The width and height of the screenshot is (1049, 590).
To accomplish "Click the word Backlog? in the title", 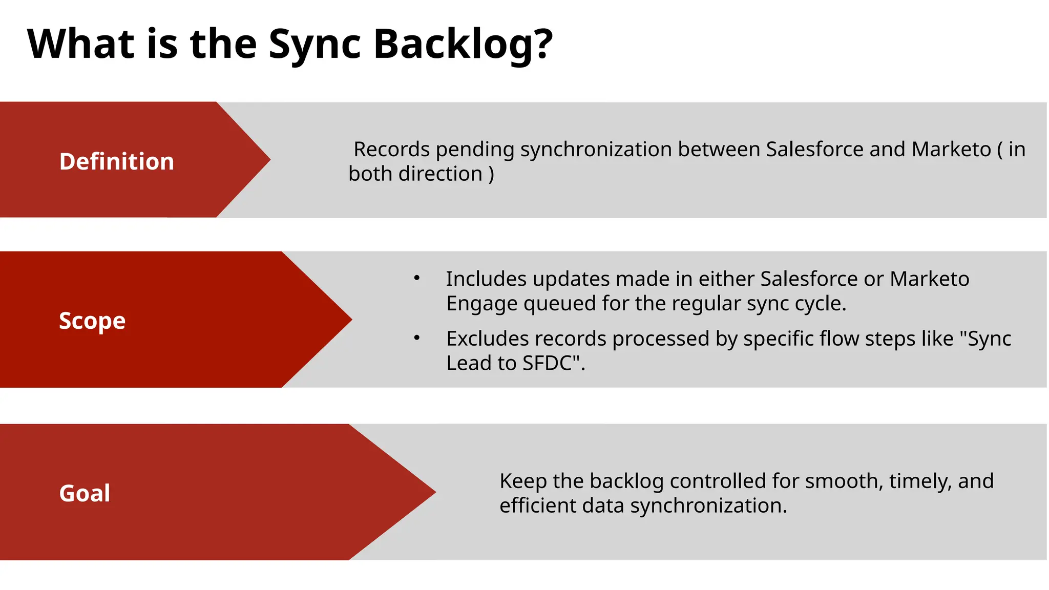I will (463, 45).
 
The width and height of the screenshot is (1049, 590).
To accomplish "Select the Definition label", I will (117, 161).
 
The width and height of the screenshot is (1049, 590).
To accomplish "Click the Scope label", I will (92, 321).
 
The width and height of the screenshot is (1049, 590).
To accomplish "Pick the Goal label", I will (85, 493).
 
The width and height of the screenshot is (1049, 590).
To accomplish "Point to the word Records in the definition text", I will (391, 150).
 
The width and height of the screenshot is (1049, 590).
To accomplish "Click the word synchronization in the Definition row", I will (596, 150).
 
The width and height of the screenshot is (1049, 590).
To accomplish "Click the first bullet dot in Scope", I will (417, 278).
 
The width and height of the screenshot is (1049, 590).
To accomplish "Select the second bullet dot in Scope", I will (417, 338).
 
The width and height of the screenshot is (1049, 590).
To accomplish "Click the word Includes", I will (486, 279).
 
